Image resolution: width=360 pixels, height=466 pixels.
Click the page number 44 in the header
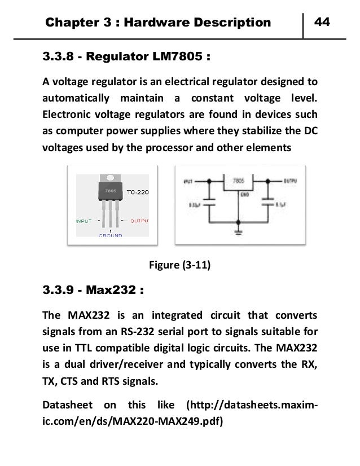pos(322,22)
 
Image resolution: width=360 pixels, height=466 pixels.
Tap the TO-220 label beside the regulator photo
pos(138,192)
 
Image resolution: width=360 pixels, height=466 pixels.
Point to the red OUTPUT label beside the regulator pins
pos(135,221)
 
